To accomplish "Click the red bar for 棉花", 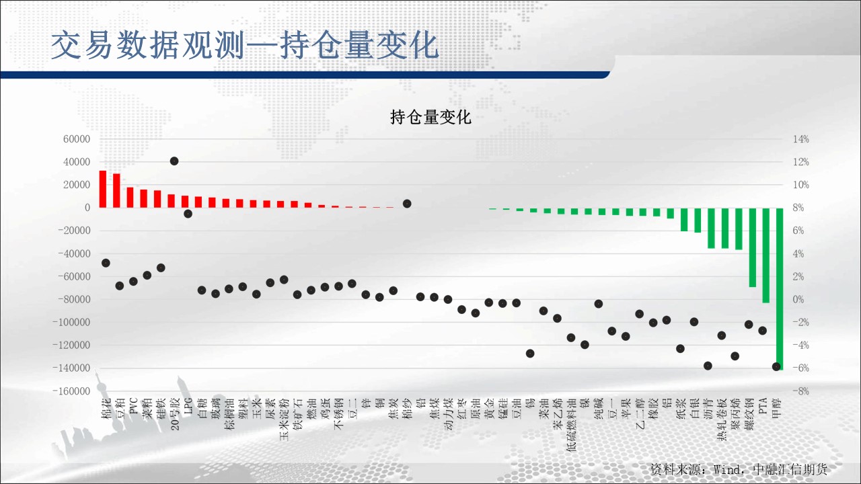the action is tap(103, 189).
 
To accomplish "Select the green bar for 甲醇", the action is tap(780, 289).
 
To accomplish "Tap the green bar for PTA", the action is tap(766, 255).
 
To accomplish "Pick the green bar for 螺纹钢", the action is tap(752, 247).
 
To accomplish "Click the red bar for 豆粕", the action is tap(116, 190).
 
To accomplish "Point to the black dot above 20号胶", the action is tap(174, 161).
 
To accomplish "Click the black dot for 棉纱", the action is tap(407, 204).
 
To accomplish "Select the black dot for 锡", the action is tap(530, 354).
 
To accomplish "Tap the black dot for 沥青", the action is tap(708, 366).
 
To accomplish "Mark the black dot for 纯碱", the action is tap(599, 304).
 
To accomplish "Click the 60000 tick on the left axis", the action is tap(77, 139).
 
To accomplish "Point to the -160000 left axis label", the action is tap(71, 391).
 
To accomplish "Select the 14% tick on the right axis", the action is tap(800, 139).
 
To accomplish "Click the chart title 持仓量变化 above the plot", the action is tap(430, 117).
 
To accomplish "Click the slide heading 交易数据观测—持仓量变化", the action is tap(245, 46).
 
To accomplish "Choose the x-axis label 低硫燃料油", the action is tap(571, 424).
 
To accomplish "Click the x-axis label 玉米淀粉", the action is tap(284, 419).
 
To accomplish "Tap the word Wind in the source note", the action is tap(727, 469).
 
